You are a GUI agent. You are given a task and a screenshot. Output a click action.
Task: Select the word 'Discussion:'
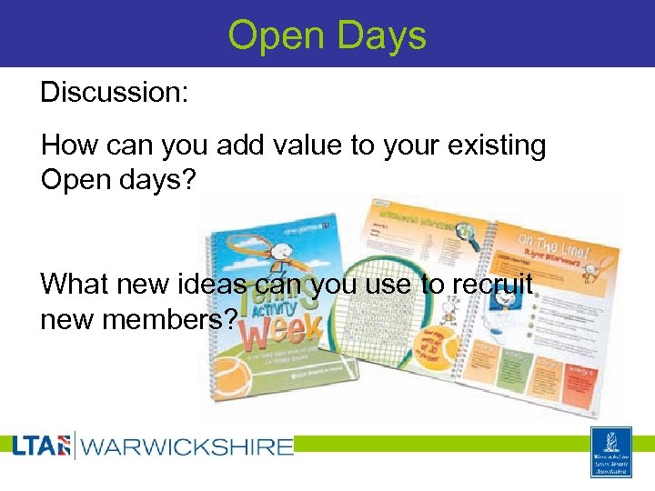(115, 93)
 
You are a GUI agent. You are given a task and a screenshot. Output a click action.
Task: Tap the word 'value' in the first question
(271, 145)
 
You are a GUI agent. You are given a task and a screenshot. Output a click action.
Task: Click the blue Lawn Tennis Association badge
(610, 451)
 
